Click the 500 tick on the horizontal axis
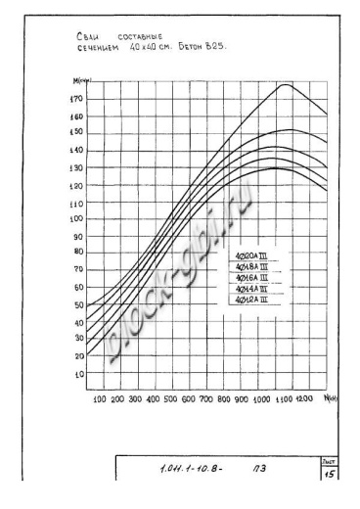point(170,400)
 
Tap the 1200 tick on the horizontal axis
point(304,400)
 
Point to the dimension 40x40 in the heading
point(144,45)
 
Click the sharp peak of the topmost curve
point(285,85)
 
